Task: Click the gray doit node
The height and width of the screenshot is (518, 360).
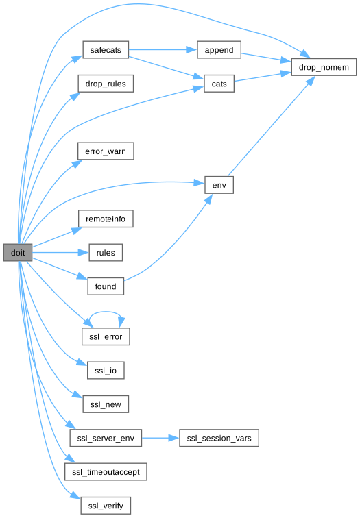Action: click(x=18, y=253)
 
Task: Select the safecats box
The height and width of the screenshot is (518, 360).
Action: click(x=106, y=50)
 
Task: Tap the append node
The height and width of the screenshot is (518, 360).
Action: click(x=219, y=50)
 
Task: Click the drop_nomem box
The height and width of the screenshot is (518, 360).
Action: click(x=324, y=67)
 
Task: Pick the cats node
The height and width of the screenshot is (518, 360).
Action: click(x=219, y=84)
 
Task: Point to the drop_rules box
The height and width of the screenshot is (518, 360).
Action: click(x=106, y=84)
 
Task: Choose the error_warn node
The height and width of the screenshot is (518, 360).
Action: click(x=106, y=151)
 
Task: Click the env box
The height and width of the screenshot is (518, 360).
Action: click(x=219, y=185)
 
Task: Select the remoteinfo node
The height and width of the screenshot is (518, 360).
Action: click(x=106, y=219)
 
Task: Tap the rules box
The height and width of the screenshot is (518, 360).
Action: click(x=106, y=253)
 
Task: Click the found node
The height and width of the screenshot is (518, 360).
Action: click(x=106, y=286)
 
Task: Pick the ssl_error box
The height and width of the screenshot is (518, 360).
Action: click(x=106, y=336)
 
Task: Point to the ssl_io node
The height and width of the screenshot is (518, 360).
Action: click(x=106, y=370)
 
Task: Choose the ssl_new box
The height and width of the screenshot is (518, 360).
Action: click(x=106, y=404)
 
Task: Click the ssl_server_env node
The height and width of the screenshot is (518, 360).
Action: click(x=106, y=438)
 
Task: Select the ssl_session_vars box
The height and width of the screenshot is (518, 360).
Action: click(x=219, y=438)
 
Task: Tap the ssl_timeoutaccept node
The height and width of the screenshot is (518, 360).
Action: click(x=106, y=471)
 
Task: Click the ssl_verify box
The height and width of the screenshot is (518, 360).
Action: click(x=106, y=506)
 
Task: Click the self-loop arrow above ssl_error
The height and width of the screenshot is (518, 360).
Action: click(x=106, y=312)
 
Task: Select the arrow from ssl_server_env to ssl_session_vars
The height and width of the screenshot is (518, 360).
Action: click(x=160, y=438)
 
